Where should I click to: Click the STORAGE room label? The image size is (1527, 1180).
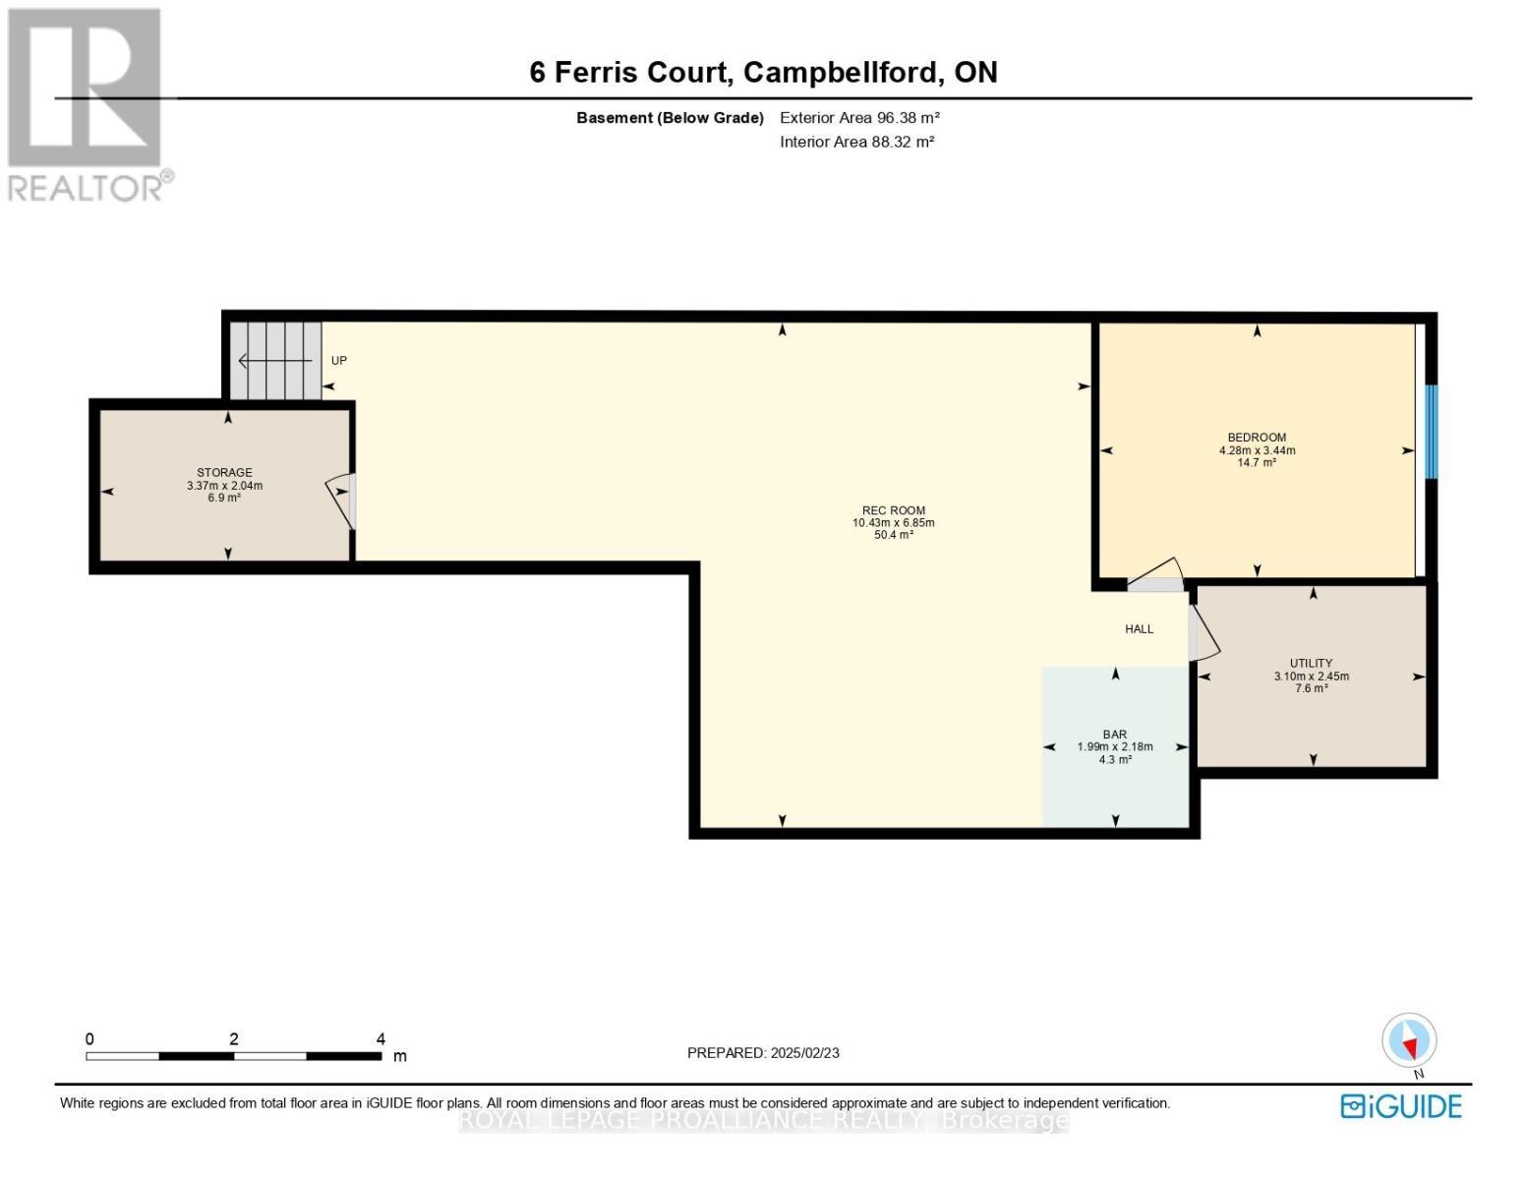tap(224, 472)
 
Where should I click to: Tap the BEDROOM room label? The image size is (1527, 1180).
tap(1257, 438)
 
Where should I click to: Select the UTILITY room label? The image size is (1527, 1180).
tap(1311, 664)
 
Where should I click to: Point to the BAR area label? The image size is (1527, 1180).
tap(1114, 735)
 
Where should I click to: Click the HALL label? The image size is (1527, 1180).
tap(1139, 629)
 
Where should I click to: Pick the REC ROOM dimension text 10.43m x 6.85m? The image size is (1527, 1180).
tap(893, 523)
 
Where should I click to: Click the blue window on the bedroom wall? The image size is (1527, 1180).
tap(1430, 432)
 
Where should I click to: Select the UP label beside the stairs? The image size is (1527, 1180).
tap(338, 361)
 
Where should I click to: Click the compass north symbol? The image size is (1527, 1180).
tap(1409, 1040)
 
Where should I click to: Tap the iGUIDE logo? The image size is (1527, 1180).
tap(1401, 1106)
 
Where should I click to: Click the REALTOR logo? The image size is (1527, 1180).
tap(88, 105)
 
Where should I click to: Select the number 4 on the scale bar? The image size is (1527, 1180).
tap(381, 1038)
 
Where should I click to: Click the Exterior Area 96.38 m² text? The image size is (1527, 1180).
tap(859, 118)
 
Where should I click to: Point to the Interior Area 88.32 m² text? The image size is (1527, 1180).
tap(856, 142)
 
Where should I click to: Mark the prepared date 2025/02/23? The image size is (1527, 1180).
tap(804, 1053)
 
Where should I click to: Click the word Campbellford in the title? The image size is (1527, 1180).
tap(840, 73)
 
